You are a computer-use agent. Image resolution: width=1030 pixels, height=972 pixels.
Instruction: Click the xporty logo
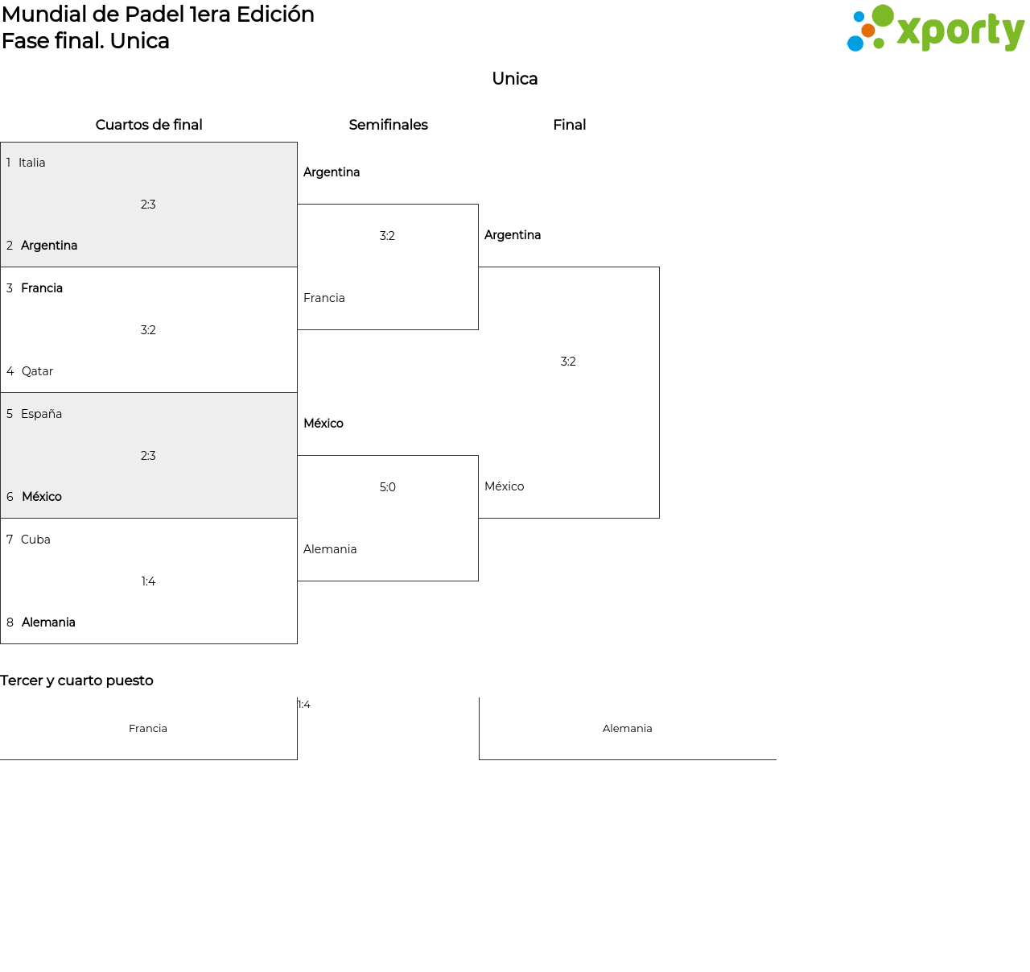935,30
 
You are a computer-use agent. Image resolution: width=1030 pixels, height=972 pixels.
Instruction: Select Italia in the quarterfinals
32,163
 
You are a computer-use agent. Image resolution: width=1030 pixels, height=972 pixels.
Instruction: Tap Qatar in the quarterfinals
37,371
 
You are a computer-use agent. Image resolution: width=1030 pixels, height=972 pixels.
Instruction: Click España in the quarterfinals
41,414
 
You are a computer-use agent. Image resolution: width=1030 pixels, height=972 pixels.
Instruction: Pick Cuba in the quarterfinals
35,540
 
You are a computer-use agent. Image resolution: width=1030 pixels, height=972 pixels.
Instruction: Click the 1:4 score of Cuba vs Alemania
148,581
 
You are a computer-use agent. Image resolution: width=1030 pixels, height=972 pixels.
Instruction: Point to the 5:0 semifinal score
387,487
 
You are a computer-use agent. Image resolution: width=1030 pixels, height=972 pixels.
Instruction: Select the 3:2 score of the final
568,362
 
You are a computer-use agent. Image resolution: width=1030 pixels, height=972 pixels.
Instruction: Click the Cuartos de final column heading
149,125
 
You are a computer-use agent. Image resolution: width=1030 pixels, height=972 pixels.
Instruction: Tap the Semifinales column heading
388,125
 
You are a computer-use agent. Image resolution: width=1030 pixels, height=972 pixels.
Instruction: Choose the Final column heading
569,125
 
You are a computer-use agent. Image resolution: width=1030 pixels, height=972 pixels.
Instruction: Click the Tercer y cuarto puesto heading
76,680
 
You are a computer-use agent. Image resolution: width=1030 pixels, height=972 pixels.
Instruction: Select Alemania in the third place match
627,729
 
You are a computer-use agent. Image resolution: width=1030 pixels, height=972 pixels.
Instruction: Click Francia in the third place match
148,729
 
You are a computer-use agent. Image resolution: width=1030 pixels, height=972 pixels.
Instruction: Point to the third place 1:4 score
304,705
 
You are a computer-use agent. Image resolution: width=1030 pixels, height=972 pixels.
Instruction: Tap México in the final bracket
504,486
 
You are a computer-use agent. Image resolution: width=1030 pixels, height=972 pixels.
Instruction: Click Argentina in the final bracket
512,235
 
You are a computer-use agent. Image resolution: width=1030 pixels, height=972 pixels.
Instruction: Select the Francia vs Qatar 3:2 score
148,330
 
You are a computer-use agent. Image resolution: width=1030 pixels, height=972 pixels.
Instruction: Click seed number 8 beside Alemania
10,622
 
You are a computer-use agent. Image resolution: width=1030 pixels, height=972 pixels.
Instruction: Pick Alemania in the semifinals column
330,549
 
